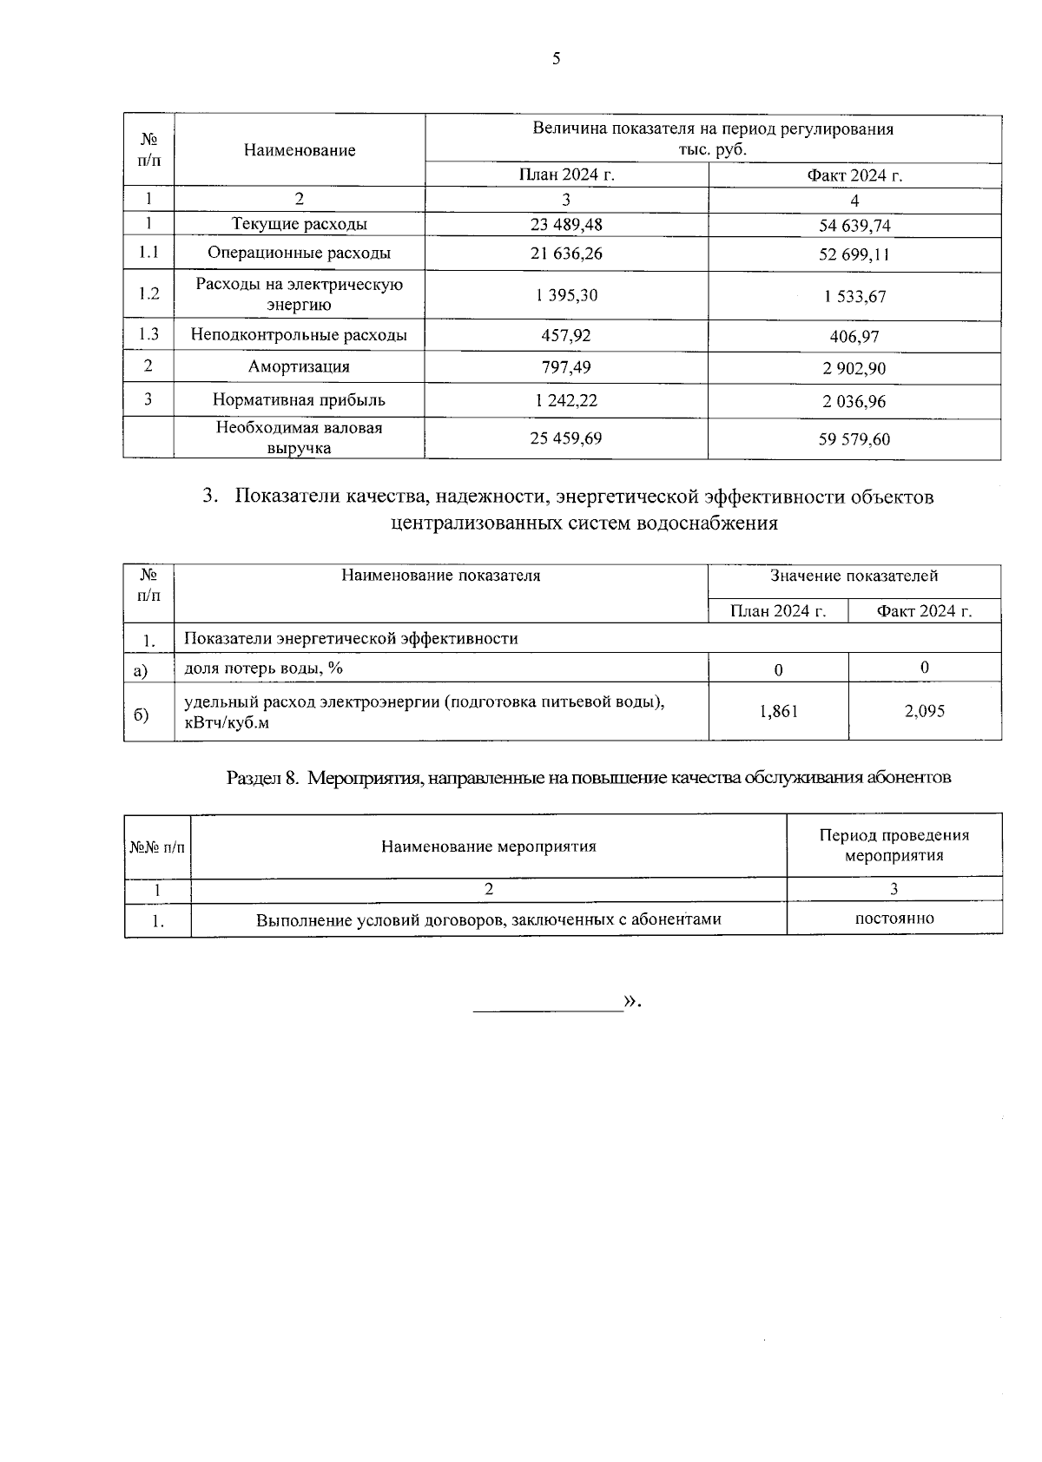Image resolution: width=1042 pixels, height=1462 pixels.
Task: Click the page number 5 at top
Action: coord(557,58)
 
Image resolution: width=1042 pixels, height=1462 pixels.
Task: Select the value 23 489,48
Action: coord(566,225)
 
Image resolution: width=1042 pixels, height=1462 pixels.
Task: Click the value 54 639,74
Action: coord(854,227)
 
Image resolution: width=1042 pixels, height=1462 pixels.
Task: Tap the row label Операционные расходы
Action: coord(299,254)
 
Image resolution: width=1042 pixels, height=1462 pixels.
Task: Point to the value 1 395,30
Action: coord(566,295)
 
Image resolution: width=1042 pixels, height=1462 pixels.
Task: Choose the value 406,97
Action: coord(854,336)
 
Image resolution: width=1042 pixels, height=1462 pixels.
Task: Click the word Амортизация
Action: coord(299,366)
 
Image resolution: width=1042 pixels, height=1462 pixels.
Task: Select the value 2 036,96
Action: coord(854,401)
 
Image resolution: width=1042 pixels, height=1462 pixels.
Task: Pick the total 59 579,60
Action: coord(854,439)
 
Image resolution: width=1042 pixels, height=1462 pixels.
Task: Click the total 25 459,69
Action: coord(566,438)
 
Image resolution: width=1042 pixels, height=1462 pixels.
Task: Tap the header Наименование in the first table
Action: coord(299,150)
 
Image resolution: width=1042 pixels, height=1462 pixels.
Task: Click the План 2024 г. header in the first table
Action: coord(566,175)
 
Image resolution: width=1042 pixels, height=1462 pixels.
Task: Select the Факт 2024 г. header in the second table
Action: coord(924,611)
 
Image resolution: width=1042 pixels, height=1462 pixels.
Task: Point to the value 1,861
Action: coord(778,712)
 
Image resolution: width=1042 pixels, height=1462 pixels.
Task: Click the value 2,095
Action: coord(924,711)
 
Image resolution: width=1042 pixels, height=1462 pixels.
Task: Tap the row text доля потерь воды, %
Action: coord(264,668)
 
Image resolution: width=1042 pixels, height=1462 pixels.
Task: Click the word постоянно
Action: coord(894,919)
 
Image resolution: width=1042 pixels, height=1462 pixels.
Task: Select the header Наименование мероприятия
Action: coord(488,846)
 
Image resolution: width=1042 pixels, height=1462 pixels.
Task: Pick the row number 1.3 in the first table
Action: coord(148,334)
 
